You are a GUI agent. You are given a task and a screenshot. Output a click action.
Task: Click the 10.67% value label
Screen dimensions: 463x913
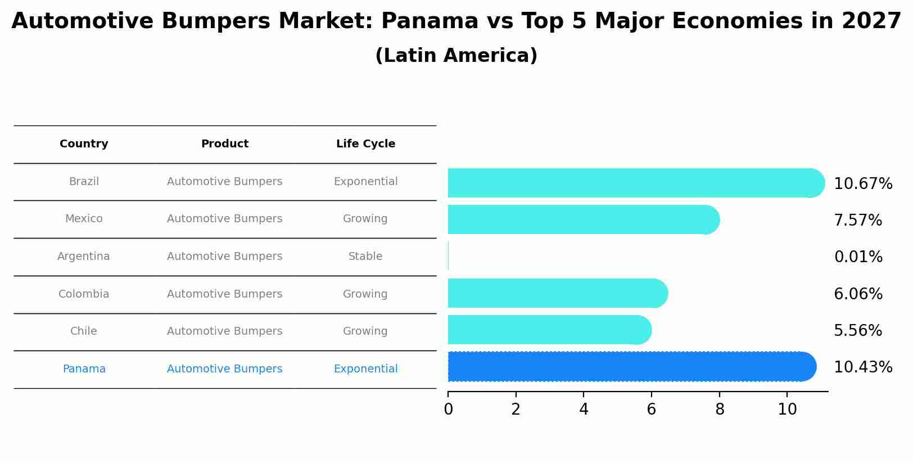point(862,184)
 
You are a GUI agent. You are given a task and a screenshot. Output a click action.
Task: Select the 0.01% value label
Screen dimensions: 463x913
point(858,257)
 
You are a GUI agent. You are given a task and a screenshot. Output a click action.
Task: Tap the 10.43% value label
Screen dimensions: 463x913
point(862,367)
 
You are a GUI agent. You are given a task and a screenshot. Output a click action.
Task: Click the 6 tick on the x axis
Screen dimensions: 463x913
point(651,410)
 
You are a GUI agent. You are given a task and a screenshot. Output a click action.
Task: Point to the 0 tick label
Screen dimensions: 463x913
point(448,410)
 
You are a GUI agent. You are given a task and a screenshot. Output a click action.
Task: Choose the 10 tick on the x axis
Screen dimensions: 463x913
point(787,410)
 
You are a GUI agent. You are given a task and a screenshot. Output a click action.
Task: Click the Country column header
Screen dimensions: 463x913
point(84,144)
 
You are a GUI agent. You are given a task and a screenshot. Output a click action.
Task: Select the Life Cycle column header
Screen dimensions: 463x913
point(365,144)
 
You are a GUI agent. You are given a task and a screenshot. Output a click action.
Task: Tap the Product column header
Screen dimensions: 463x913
point(224,144)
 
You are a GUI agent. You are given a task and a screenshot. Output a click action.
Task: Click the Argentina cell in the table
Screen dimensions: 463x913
point(84,257)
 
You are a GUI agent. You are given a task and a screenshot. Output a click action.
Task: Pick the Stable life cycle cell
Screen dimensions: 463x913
point(365,257)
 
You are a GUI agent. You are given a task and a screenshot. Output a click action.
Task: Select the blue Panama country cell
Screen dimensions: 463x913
point(84,369)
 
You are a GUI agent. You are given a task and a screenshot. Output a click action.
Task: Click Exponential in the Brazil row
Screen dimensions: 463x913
point(365,182)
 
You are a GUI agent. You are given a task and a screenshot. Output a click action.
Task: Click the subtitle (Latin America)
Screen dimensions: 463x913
point(456,56)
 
